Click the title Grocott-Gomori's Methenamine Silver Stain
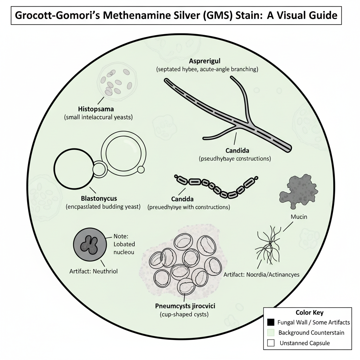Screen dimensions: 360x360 click(x=176, y=15)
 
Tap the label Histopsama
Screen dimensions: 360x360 click(x=98, y=109)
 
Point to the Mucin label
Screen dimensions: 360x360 click(x=299, y=217)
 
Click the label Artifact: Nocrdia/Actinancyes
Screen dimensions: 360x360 click(x=261, y=274)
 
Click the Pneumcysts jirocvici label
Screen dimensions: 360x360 click(x=185, y=306)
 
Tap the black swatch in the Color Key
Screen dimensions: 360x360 click(x=271, y=322)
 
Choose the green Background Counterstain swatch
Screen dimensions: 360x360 click(x=271, y=333)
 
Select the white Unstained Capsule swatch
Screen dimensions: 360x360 click(x=271, y=343)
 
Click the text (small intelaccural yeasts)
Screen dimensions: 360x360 click(x=98, y=117)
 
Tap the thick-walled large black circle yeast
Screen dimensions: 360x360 click(x=74, y=168)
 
